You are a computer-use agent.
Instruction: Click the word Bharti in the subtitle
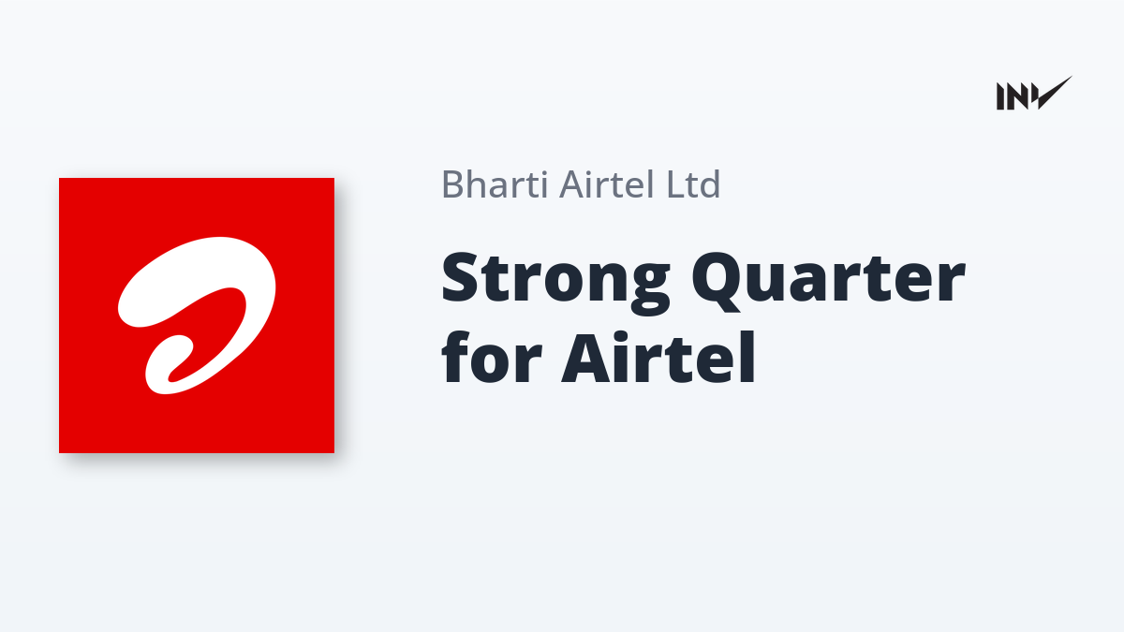click(x=495, y=184)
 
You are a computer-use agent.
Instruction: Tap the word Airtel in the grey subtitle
click(x=606, y=184)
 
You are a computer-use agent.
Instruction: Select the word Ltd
click(x=693, y=184)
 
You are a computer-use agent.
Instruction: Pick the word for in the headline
click(x=493, y=357)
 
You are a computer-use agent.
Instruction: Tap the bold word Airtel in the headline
click(x=658, y=357)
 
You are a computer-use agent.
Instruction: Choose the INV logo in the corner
click(x=1034, y=94)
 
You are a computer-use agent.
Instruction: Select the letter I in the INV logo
click(x=1000, y=96)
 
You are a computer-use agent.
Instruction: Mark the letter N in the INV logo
click(x=1016, y=96)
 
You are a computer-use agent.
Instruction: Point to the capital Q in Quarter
click(x=720, y=281)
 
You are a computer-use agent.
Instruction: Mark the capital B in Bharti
click(x=452, y=184)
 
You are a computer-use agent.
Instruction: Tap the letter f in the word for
click(x=458, y=356)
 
